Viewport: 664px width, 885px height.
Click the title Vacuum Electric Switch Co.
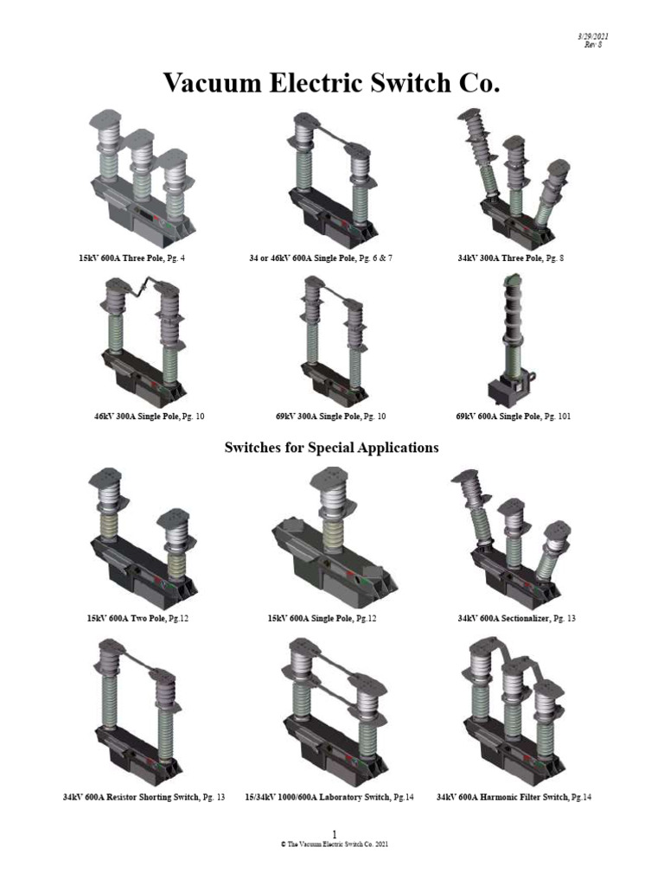point(332,83)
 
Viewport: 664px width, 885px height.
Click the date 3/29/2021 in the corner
point(593,36)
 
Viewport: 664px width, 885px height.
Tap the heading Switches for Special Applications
point(331,448)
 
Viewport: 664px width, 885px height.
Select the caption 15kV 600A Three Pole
point(131,258)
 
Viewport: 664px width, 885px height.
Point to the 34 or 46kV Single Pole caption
point(321,258)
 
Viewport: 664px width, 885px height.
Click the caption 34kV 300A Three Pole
point(510,258)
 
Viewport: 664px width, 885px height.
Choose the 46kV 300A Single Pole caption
point(149,417)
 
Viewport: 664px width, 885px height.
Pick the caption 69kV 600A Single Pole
point(514,417)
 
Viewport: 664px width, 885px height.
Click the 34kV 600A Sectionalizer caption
point(517,619)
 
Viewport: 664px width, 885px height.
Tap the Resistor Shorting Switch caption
point(144,798)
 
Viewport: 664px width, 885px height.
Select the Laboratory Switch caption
point(329,798)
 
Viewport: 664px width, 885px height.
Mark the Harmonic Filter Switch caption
point(514,798)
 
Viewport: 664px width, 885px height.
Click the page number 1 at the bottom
point(335,834)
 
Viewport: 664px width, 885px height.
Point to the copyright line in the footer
point(335,844)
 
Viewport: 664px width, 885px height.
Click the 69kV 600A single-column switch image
point(511,341)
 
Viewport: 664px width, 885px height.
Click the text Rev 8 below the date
point(593,45)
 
